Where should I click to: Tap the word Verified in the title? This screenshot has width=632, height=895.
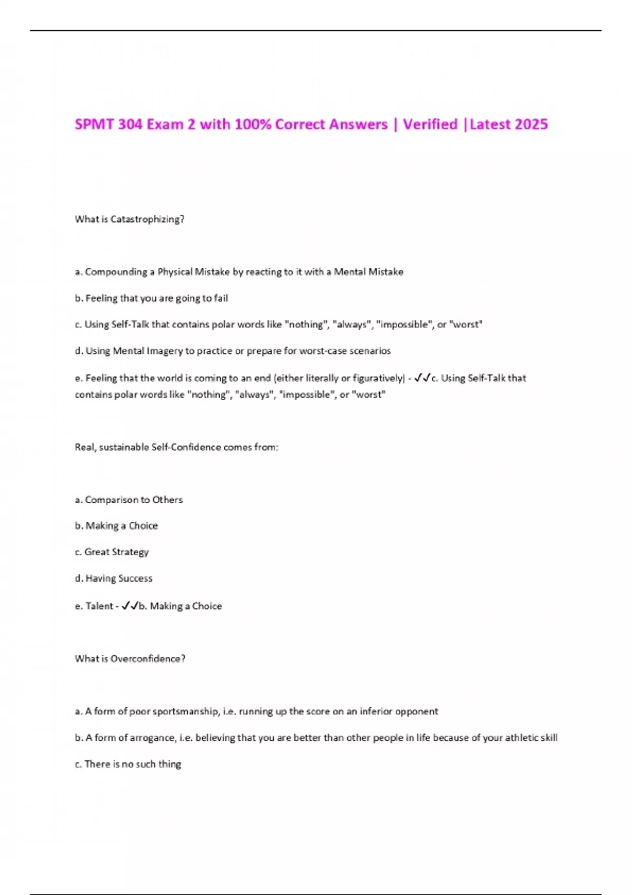click(x=430, y=124)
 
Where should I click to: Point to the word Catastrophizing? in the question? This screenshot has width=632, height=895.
click(x=147, y=220)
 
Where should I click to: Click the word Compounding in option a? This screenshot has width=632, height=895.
click(x=116, y=272)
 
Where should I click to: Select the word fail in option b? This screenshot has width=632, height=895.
click(x=221, y=299)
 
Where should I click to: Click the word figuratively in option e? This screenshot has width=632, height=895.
click(x=377, y=378)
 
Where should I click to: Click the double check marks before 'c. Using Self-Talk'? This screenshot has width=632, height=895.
click(x=422, y=377)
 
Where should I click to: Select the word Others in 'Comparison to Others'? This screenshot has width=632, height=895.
click(x=167, y=500)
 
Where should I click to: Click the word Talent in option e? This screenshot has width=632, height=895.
click(x=99, y=606)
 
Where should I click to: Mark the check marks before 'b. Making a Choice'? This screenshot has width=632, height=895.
click(x=130, y=606)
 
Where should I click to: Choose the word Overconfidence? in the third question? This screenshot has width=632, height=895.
click(x=148, y=659)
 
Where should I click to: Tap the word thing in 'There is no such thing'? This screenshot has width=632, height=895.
click(x=170, y=764)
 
